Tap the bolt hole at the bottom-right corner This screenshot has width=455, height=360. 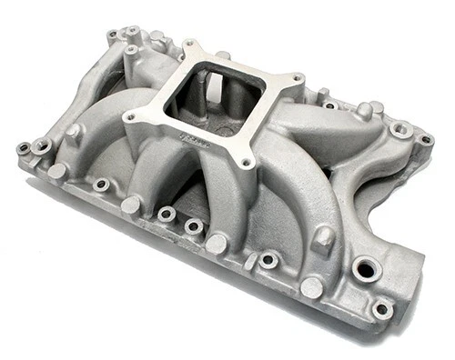[x=382, y=309]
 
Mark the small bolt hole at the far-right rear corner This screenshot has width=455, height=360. [x=424, y=140]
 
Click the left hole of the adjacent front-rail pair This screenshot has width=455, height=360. [x=167, y=215]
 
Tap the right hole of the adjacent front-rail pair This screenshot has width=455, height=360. [x=193, y=226]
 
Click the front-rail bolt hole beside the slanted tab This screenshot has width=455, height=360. [x=268, y=260]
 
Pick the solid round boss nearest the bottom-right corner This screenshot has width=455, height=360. [x=312, y=288]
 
